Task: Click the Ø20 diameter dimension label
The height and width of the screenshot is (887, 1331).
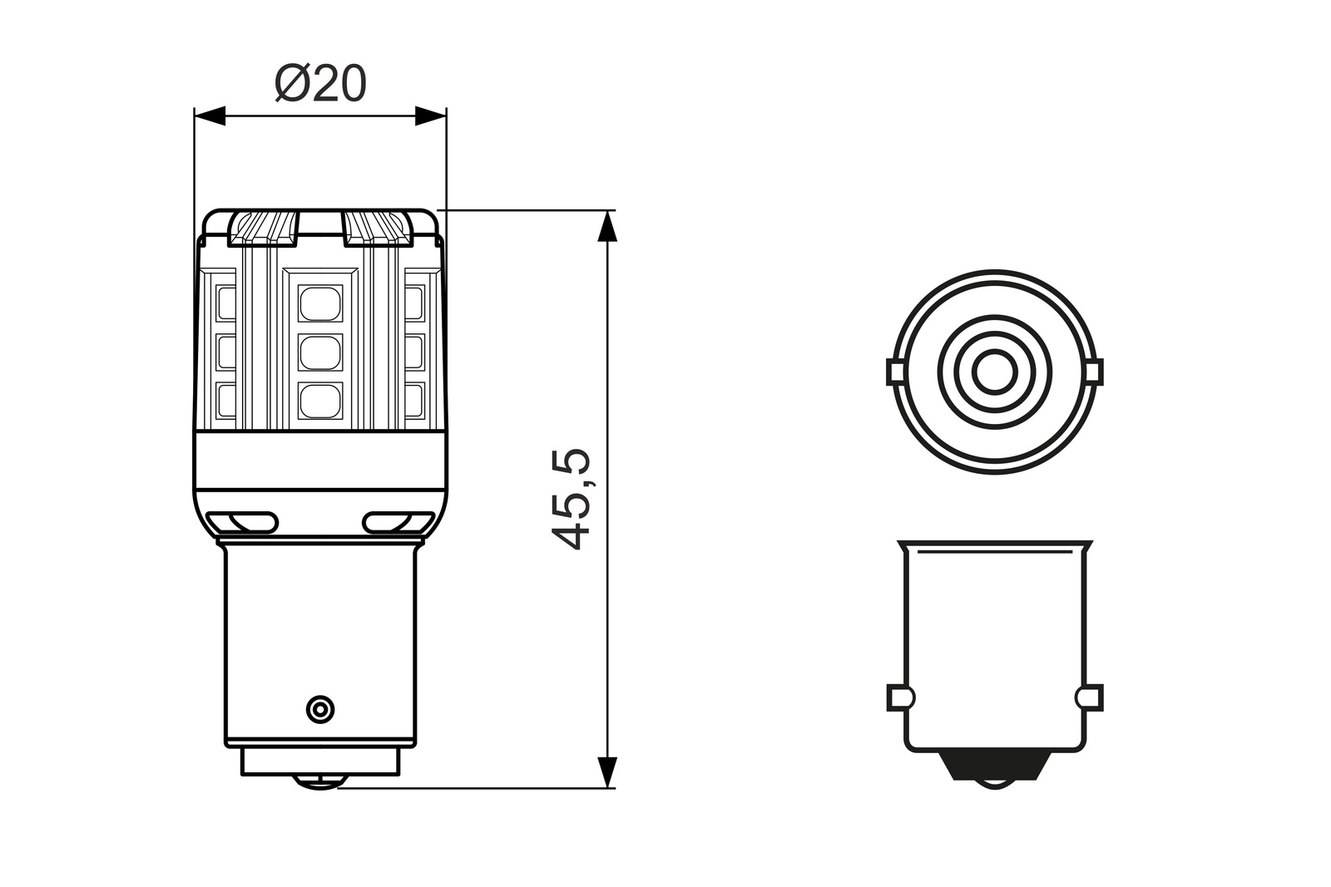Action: click(x=320, y=84)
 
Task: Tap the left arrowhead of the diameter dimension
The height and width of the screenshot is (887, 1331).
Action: click(x=210, y=116)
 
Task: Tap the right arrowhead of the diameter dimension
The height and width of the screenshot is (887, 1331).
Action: click(x=430, y=116)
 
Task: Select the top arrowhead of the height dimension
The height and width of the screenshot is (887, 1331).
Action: click(x=608, y=227)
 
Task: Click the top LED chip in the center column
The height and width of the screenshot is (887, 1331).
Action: click(x=320, y=303)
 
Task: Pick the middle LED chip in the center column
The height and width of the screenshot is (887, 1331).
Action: click(x=320, y=352)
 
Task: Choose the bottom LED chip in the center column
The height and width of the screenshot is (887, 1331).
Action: click(x=320, y=401)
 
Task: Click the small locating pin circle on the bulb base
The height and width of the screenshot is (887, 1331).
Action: click(x=319, y=709)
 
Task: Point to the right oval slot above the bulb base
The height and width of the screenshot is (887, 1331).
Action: click(x=398, y=522)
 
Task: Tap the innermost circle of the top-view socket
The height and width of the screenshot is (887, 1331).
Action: click(x=995, y=371)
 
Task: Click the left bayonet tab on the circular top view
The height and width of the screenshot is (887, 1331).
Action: click(x=896, y=372)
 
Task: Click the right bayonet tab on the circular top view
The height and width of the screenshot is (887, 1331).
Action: click(x=1094, y=372)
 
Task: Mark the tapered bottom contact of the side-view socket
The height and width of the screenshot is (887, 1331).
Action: click(x=995, y=769)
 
